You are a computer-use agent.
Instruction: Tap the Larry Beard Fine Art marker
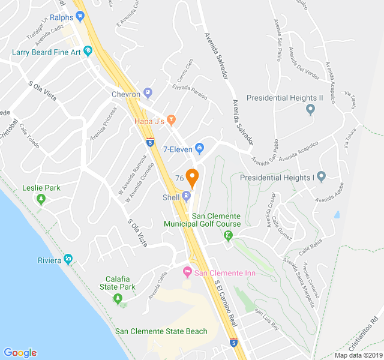[88, 52]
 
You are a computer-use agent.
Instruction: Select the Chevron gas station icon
[148, 94]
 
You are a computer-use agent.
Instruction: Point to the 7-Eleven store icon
[200, 148]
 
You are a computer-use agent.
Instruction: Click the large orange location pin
[192, 178]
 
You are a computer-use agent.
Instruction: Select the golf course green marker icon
[228, 236]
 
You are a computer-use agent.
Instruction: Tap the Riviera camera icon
[68, 260]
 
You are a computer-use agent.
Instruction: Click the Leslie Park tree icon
[41, 199]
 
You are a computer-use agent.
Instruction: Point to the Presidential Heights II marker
[310, 109]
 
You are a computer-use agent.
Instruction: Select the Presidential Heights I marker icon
[321, 177]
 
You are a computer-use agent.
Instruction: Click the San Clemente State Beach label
[161, 331]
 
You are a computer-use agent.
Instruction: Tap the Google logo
[20, 353]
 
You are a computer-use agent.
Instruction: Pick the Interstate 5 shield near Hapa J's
[149, 142]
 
